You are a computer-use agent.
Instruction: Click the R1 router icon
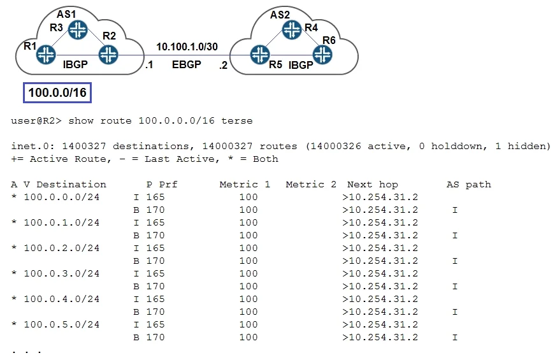(x=46, y=55)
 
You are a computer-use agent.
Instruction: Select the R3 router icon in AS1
(x=78, y=29)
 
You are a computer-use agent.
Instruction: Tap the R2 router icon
(x=108, y=55)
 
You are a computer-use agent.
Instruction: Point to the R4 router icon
(x=292, y=29)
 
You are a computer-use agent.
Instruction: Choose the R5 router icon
(x=260, y=55)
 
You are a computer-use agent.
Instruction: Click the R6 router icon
(x=322, y=55)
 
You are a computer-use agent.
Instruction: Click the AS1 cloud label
(x=66, y=14)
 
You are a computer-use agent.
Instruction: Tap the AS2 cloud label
(x=280, y=15)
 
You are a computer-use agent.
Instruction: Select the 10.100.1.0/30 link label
(x=187, y=47)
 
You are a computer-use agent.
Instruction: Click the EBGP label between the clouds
(x=187, y=64)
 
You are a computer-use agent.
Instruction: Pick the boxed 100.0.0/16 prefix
(x=57, y=93)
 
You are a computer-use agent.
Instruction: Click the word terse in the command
(x=237, y=120)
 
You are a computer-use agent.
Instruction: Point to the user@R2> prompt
(x=36, y=120)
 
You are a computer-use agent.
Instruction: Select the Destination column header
(x=71, y=184)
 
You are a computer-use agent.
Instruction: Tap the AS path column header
(x=469, y=185)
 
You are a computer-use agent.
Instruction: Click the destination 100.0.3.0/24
(x=62, y=273)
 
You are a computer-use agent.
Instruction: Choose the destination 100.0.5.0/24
(x=62, y=324)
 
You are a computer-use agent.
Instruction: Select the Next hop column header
(x=372, y=185)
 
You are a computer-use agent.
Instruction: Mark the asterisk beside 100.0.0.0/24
(x=14, y=197)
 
